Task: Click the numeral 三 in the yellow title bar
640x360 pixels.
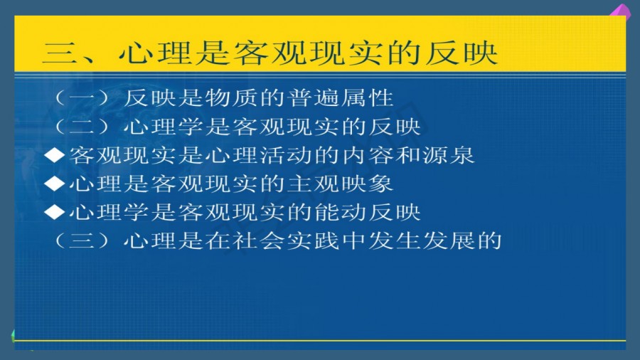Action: click(x=60, y=53)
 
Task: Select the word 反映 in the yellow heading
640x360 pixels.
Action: click(x=462, y=53)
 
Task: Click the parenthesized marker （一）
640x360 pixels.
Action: click(x=82, y=98)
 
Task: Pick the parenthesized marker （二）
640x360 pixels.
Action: click(x=82, y=127)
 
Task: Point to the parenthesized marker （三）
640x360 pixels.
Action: click(x=82, y=240)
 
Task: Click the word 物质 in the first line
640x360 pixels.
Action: click(x=232, y=98)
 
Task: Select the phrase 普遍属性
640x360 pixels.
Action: click(x=341, y=98)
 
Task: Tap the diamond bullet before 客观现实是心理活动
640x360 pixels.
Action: click(x=54, y=155)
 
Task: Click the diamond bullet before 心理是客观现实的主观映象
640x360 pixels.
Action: click(x=54, y=184)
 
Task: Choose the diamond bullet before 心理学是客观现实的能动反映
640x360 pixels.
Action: click(x=54, y=212)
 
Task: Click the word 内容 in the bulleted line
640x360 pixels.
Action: click(x=368, y=155)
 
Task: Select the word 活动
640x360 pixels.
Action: click(x=286, y=155)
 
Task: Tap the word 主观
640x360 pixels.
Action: click(x=314, y=184)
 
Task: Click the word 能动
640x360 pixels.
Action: click(x=341, y=212)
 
